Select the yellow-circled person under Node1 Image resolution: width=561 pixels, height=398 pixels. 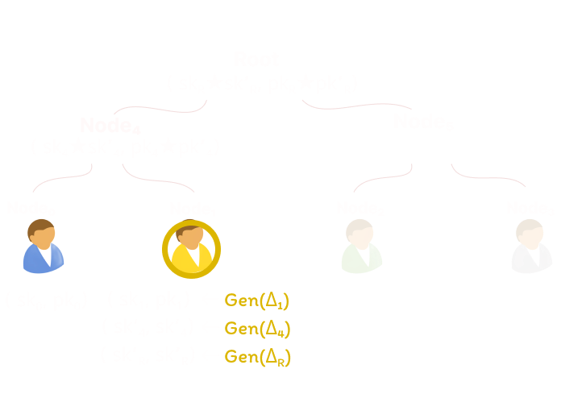[191, 247]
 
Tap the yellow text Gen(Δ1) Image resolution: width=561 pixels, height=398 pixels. [256, 301]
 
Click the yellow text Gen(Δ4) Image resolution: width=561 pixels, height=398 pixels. [256, 328]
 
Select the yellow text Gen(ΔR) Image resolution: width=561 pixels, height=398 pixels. [256, 354]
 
